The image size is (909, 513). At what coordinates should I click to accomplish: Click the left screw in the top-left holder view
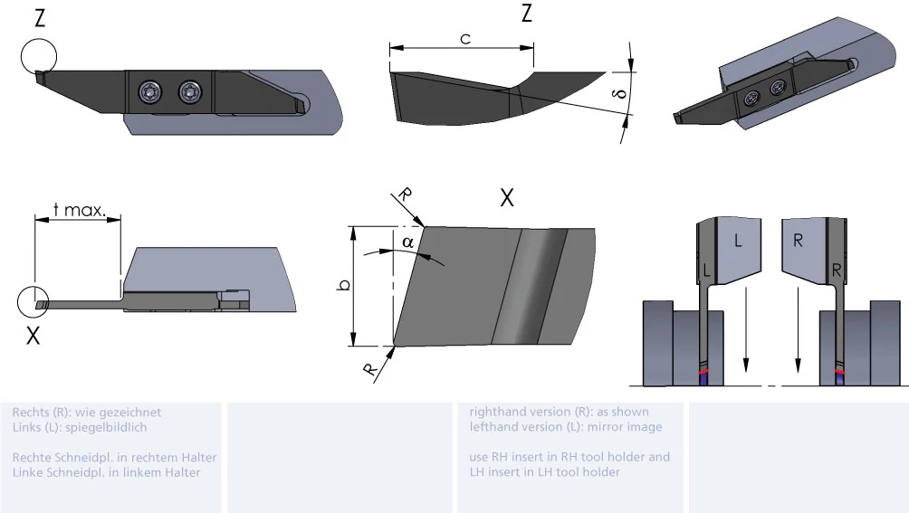pos(150,91)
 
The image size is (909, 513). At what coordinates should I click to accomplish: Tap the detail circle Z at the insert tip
pos(39,57)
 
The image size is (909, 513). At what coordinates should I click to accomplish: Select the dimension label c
pos(465,39)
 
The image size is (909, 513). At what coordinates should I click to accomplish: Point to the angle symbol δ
pos(620,93)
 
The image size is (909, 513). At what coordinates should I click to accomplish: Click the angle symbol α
pos(408,242)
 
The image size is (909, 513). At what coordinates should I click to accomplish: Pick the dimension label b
pos(344,285)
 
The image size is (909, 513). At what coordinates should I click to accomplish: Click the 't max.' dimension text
pos(80,210)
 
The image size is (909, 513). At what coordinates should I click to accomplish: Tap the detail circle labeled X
pos(33,301)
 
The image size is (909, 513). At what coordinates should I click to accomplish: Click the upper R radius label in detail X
pos(406,195)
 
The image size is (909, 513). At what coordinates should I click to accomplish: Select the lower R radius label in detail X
pos(370,369)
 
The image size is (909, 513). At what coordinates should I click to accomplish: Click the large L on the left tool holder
pos(737,241)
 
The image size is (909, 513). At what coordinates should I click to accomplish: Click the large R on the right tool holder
pos(798,241)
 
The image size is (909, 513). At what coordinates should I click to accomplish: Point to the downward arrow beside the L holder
pos(745,328)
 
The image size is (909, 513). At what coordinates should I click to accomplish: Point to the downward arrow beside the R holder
pos(798,328)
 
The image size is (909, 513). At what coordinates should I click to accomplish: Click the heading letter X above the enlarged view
pos(507,198)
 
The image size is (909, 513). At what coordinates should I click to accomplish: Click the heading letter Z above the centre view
pos(526,14)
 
